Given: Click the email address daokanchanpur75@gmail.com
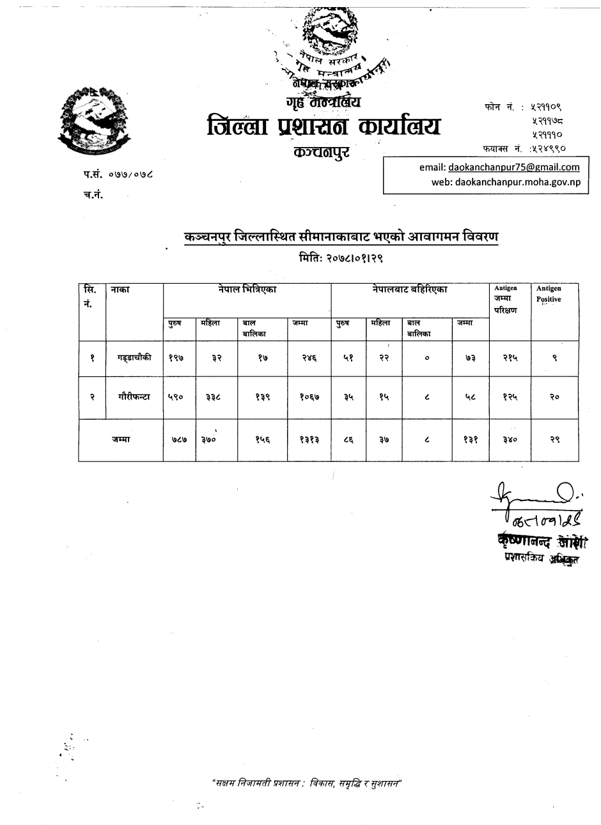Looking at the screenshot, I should tap(514, 167).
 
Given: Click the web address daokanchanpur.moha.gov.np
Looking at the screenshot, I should tap(514, 182).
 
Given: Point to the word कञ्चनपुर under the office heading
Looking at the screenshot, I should tap(321, 153).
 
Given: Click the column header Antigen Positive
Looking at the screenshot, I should tap(549, 294).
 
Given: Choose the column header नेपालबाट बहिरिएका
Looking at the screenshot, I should tap(410, 289).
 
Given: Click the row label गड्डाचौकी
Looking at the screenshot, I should tap(134, 359).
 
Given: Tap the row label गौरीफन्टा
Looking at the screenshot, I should tap(134, 396).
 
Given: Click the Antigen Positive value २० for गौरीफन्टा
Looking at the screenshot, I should tap(554, 397).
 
